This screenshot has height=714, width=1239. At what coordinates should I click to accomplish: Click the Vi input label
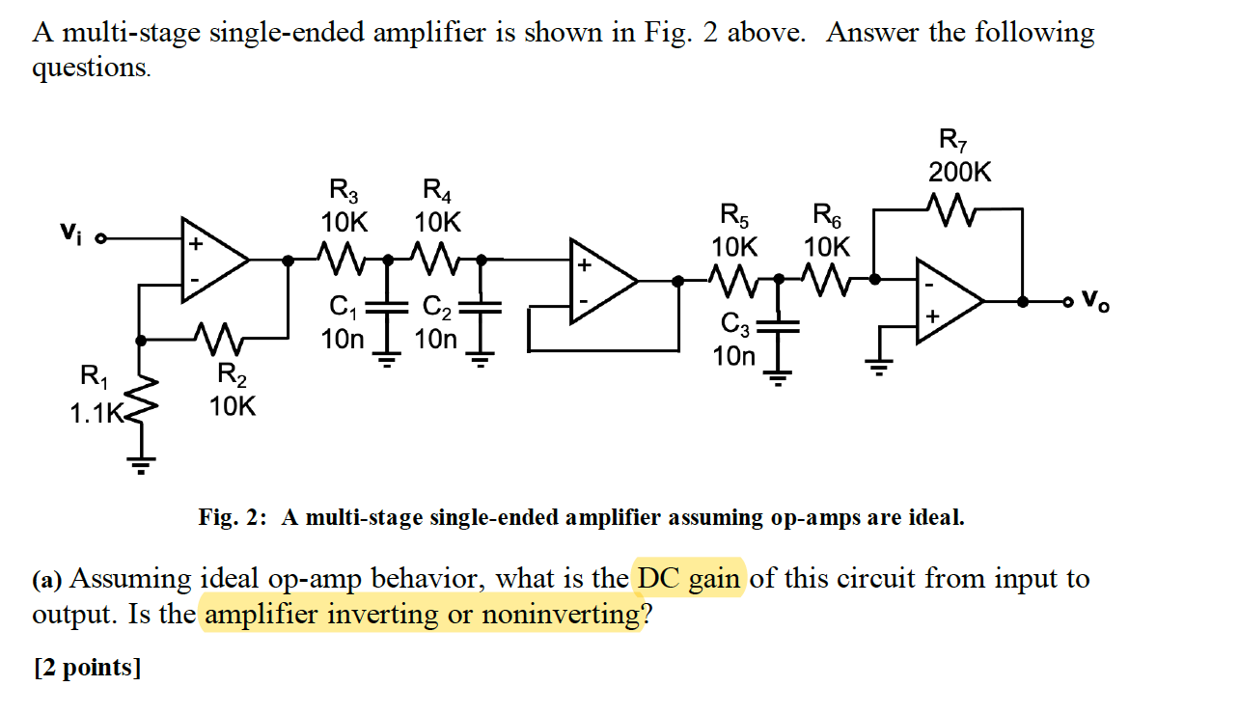(69, 233)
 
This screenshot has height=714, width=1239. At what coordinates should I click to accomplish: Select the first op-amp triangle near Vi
(214, 259)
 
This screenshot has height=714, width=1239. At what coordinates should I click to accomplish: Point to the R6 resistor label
(828, 229)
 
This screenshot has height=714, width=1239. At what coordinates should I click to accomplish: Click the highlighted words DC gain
(689, 579)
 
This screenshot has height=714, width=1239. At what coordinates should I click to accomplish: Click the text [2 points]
(87, 668)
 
